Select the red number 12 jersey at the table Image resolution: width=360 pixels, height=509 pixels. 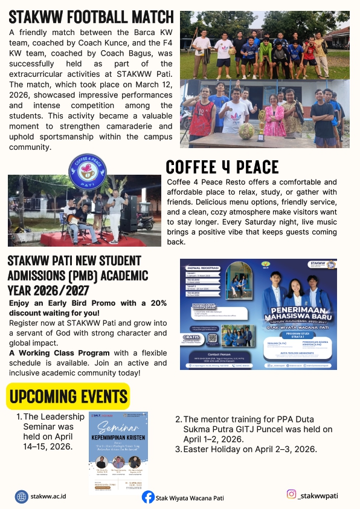tap(204, 115)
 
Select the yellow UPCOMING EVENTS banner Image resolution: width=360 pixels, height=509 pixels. tap(68, 397)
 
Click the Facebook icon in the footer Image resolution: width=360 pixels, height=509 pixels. tap(148, 497)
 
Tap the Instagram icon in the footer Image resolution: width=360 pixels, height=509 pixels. tap(291, 494)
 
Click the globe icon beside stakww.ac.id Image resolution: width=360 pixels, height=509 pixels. tap(22, 496)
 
